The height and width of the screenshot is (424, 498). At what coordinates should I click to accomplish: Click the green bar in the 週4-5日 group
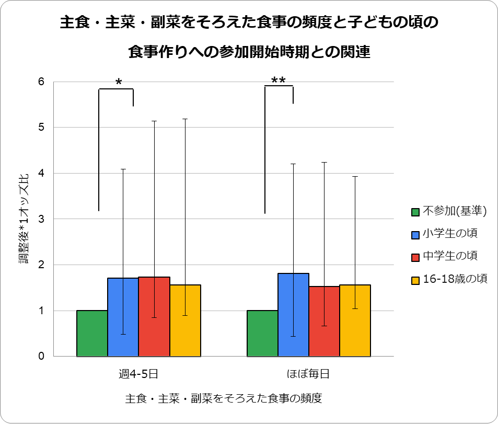[x=92, y=334]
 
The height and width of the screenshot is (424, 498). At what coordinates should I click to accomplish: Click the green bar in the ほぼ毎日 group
[x=262, y=334]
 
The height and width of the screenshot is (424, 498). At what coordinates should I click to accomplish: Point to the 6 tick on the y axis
[x=41, y=82]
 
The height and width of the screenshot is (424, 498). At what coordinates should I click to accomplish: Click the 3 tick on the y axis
[x=41, y=219]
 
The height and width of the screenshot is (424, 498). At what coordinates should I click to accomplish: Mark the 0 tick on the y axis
[x=41, y=357]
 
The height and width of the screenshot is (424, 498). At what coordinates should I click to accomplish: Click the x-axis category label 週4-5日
[x=138, y=374]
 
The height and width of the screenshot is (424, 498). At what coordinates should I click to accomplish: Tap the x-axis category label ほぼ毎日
[x=308, y=374]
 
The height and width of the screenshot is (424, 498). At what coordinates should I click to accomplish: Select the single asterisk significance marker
[x=119, y=83]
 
